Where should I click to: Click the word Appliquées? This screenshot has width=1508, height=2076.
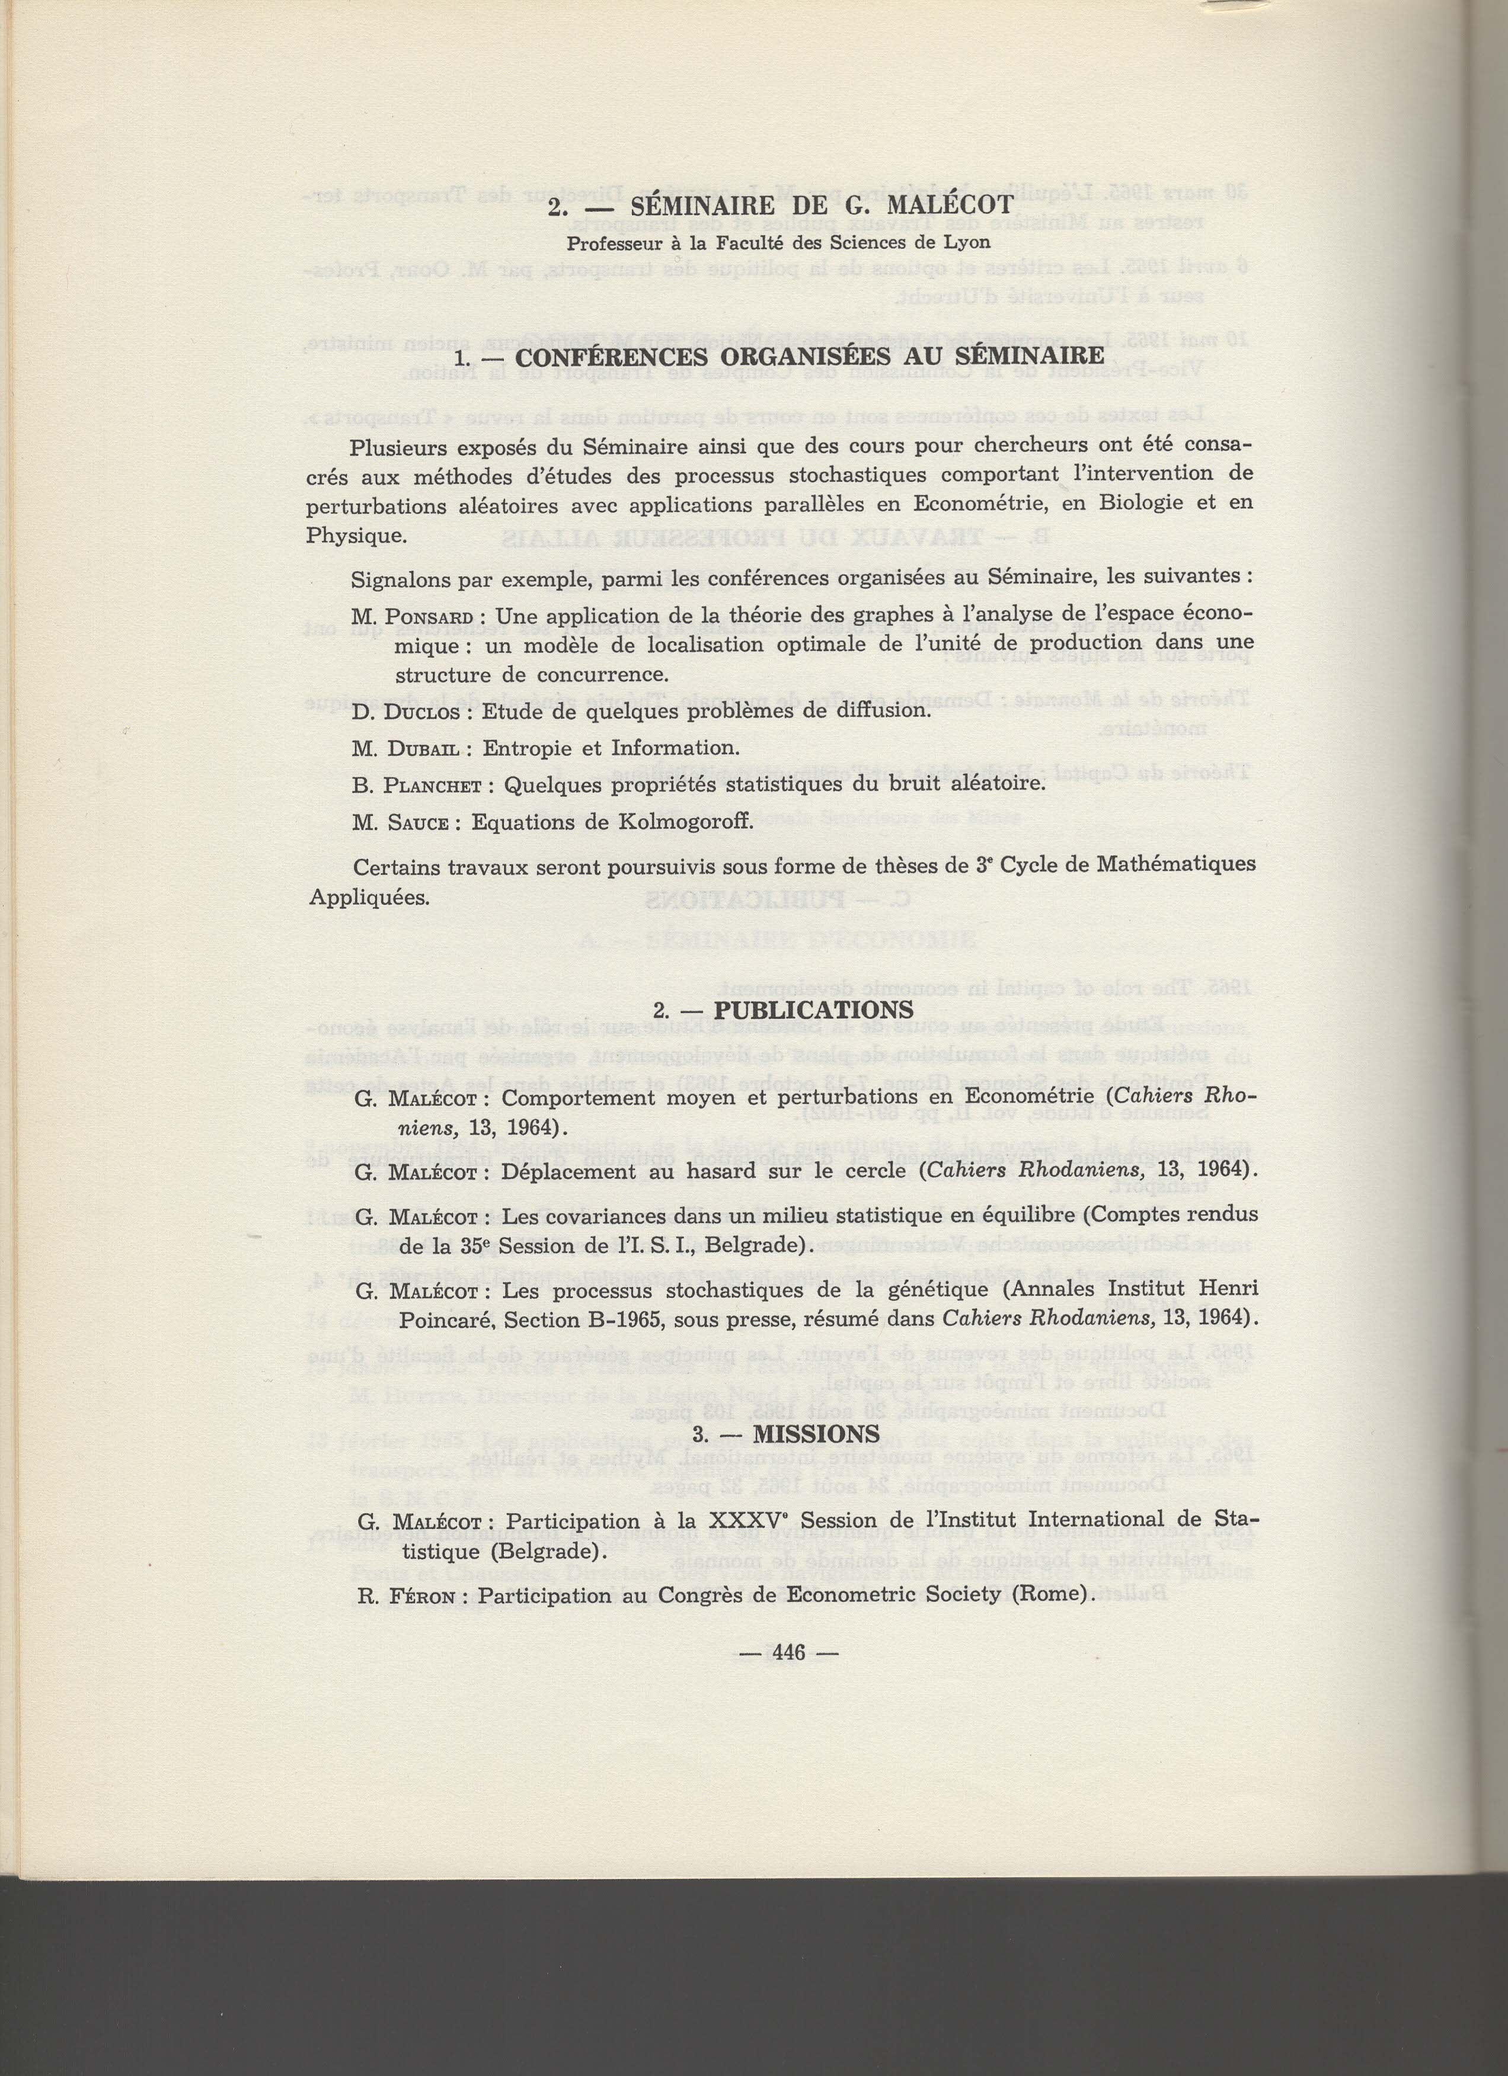click(x=369, y=896)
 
